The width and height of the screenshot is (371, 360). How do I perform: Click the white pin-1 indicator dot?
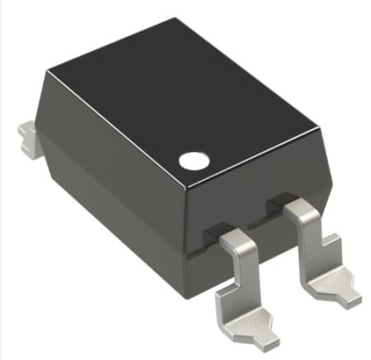pos(192,160)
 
